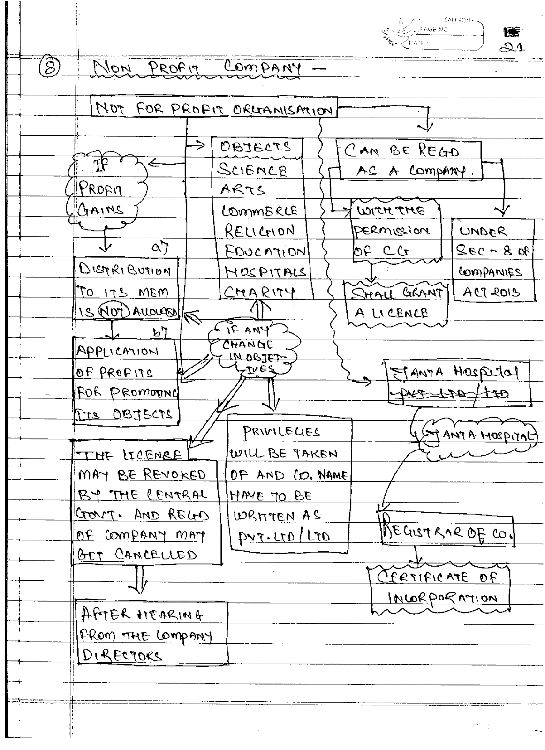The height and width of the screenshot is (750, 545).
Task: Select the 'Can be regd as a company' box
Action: coord(409,160)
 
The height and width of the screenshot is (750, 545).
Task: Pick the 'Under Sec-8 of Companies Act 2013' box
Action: coord(492,262)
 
